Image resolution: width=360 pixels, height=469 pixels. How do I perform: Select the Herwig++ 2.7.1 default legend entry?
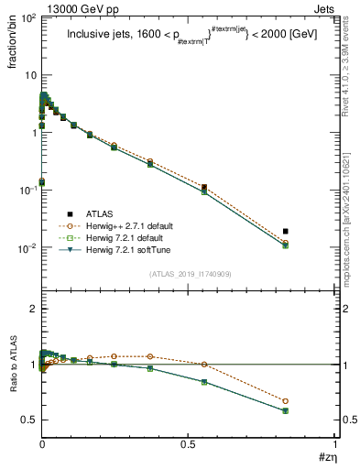pos(124,225)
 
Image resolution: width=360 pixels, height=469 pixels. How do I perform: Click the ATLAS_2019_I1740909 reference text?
pos(191,274)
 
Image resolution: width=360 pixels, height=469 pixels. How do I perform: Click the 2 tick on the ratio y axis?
pos(31,310)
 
